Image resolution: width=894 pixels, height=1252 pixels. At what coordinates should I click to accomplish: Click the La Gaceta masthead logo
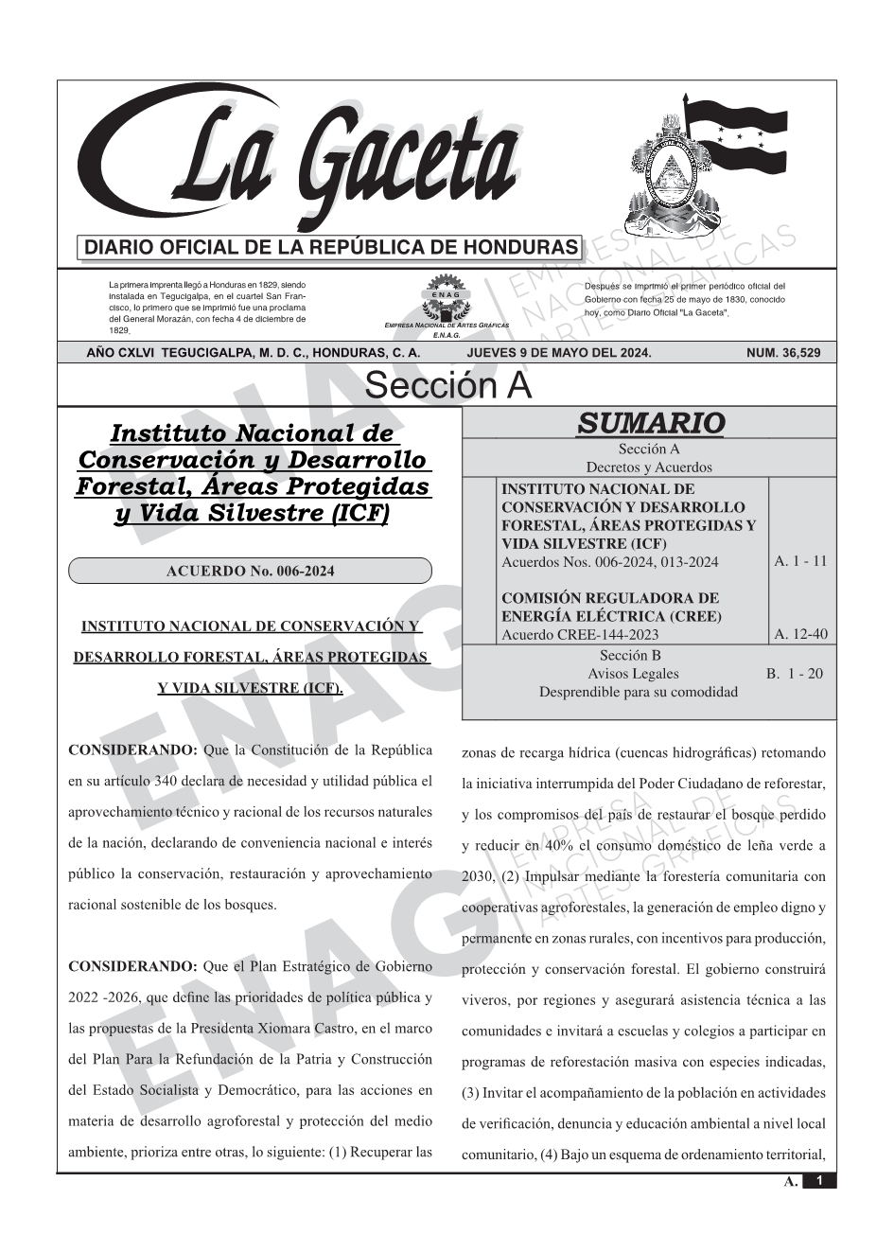(303, 161)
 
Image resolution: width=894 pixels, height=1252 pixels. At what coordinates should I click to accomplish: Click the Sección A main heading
(447, 386)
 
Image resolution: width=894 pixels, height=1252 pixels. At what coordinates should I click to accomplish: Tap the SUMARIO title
(650, 423)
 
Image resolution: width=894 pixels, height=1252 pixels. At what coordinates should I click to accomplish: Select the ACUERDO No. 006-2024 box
(250, 571)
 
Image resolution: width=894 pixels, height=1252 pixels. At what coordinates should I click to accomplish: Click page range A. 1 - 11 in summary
(799, 561)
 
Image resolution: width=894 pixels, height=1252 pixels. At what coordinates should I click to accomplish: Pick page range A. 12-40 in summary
(799, 634)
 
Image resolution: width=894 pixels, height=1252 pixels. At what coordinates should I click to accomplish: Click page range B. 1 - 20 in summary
(794, 674)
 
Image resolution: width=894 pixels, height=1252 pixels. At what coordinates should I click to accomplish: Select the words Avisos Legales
(633, 674)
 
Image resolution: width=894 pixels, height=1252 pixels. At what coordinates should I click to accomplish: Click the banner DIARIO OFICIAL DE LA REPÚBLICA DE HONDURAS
(331, 248)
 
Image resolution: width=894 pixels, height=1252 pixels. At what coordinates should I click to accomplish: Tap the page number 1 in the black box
(819, 1181)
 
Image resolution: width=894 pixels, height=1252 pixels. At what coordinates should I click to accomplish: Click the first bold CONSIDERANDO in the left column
(132, 750)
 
